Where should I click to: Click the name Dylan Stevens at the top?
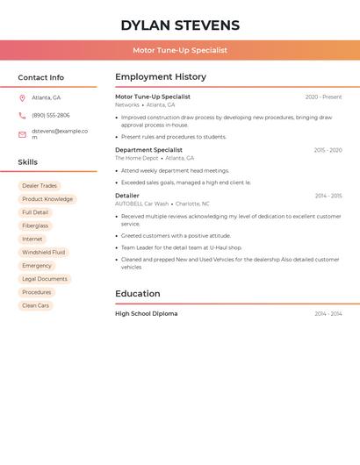pyautogui.click(x=180, y=25)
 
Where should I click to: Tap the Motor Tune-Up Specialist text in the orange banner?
pyautogui.click(x=180, y=50)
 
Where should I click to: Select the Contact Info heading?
pyautogui.click(x=41, y=77)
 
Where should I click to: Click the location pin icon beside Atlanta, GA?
pyautogui.click(x=22, y=97)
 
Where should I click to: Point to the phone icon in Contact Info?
pyautogui.click(x=22, y=115)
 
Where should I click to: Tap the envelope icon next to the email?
pyautogui.click(x=22, y=134)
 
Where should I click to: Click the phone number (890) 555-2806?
pyautogui.click(x=51, y=115)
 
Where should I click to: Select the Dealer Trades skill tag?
pyautogui.click(x=40, y=186)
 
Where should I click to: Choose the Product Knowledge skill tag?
pyautogui.click(x=47, y=199)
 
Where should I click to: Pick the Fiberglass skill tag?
pyautogui.click(x=36, y=225)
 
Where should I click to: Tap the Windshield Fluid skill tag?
pyautogui.click(x=44, y=253)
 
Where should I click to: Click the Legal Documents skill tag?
pyautogui.click(x=45, y=279)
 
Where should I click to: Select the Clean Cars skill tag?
pyautogui.click(x=36, y=305)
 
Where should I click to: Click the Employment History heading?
pyautogui.click(x=161, y=77)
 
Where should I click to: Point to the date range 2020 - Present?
pyautogui.click(x=323, y=97)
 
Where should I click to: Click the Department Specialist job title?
pyautogui.click(x=148, y=150)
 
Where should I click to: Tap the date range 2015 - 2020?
pyautogui.click(x=328, y=150)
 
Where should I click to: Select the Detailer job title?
pyautogui.click(x=127, y=196)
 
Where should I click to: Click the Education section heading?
pyautogui.click(x=138, y=294)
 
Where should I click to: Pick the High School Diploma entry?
pyautogui.click(x=146, y=313)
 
